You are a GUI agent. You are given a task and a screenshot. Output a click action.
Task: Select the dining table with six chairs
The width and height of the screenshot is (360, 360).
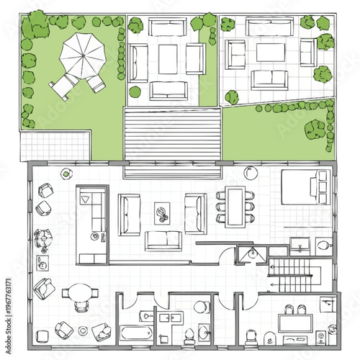(x=235, y=207)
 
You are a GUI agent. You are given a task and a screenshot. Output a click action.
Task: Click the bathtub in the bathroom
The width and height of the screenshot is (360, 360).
(x=135, y=333)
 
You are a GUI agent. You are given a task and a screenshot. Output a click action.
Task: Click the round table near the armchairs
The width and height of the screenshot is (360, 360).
(x=79, y=294)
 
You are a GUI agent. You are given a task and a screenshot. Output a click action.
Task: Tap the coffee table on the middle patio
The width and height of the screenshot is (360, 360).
(x=168, y=60)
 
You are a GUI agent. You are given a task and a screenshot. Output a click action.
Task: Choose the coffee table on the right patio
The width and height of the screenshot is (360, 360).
(x=270, y=53)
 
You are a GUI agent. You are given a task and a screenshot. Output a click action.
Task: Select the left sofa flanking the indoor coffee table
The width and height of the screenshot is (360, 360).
(x=130, y=214)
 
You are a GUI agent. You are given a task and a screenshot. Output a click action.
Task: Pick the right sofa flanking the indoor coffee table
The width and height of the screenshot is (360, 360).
(x=195, y=213)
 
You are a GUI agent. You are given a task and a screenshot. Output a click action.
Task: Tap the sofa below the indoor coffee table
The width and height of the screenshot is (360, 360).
(x=163, y=240)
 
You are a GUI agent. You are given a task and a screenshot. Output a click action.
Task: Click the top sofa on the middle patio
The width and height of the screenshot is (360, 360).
(x=168, y=28)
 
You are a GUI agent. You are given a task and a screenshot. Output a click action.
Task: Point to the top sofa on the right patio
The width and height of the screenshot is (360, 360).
(x=269, y=27)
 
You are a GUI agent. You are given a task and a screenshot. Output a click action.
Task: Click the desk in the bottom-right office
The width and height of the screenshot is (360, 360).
(x=295, y=323)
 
